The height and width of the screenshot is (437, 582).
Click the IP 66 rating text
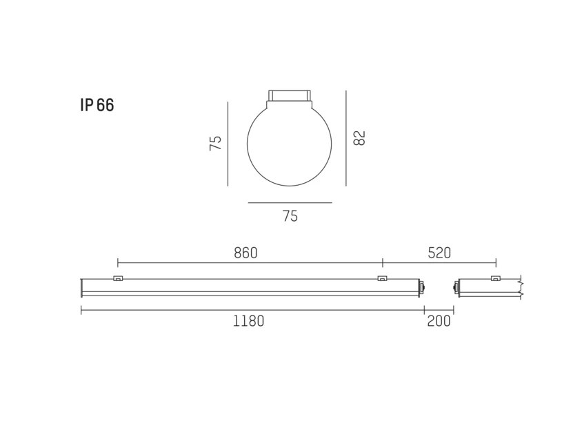tap(97, 105)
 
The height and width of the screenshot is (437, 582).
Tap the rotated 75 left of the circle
tap(215, 143)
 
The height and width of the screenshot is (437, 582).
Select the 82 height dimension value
tap(359, 138)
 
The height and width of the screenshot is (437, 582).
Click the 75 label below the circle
tap(290, 216)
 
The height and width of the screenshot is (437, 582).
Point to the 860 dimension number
tap(245, 253)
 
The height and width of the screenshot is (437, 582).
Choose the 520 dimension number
tap(439, 253)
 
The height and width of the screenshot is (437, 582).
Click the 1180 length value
tap(248, 321)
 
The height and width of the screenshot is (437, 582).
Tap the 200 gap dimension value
tap(439, 321)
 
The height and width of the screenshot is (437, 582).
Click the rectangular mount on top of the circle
tap(290, 95)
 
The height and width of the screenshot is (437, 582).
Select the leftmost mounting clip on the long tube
tap(118, 278)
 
